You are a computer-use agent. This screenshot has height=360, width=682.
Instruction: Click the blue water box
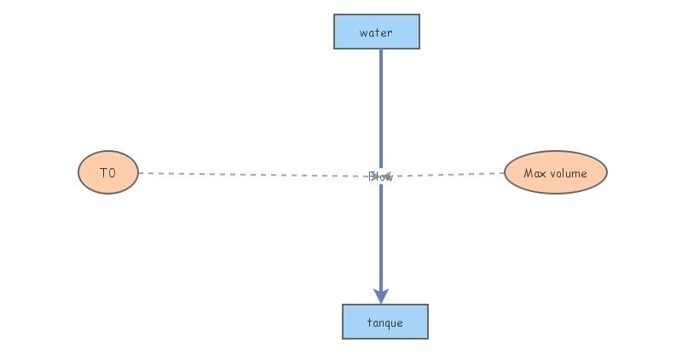tap(376, 32)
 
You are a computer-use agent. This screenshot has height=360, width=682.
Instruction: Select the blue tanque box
tap(384, 322)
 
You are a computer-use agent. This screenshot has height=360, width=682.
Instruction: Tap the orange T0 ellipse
tap(107, 172)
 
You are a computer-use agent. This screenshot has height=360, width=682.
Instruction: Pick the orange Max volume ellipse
tap(555, 172)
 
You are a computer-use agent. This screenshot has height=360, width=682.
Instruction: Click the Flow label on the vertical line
tap(381, 177)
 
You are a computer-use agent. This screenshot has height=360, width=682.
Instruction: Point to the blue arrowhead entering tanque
tap(381, 294)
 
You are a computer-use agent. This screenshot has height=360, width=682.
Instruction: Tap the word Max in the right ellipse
tap(534, 173)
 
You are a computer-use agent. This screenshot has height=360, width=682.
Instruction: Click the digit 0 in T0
tap(112, 173)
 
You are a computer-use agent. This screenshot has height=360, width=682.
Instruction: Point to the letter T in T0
tap(103, 173)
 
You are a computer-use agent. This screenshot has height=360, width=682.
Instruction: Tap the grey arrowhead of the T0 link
tap(373, 177)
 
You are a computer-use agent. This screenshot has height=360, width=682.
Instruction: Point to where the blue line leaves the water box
tap(380, 50)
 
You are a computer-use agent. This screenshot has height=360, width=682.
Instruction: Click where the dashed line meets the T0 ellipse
tap(139, 173)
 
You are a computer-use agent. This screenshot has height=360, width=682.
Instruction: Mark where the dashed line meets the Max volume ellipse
tap(504, 173)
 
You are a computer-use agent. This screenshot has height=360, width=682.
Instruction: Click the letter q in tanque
tap(390, 323)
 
